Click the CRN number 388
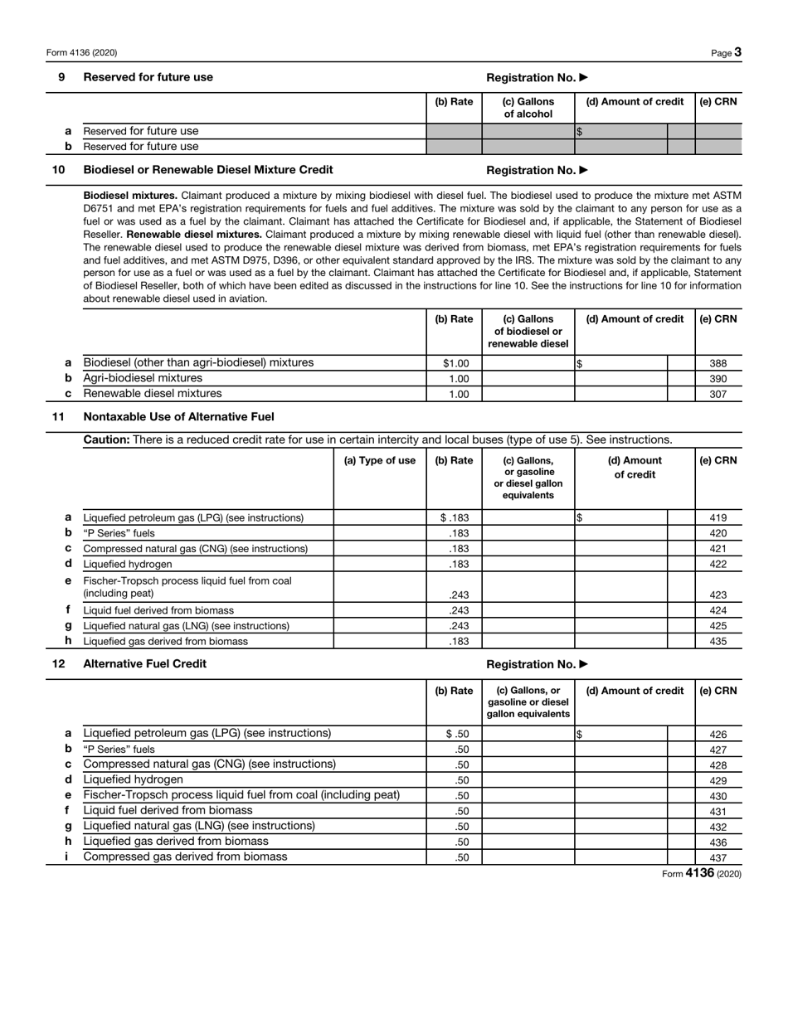point(718,363)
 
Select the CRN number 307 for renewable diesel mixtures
point(718,394)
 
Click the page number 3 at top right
point(737,52)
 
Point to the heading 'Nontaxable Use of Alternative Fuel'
point(178,416)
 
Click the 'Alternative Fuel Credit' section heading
point(145,663)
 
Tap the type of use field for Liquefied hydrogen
point(379,564)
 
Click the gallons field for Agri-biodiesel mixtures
point(528,378)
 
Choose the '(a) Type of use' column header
point(379,461)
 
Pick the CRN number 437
point(718,858)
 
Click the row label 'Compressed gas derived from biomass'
point(185,856)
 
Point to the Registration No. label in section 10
point(537,170)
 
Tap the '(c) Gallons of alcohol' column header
point(528,108)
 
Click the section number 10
point(59,170)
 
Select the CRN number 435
point(718,641)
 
